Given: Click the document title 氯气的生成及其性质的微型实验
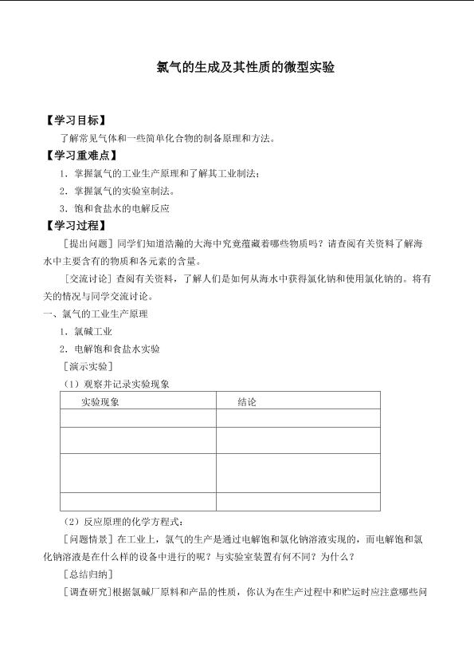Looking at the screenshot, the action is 245,68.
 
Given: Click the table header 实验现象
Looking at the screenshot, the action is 100,402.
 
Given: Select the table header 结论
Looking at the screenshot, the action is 247,402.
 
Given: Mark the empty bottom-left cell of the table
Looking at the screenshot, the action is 138,501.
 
